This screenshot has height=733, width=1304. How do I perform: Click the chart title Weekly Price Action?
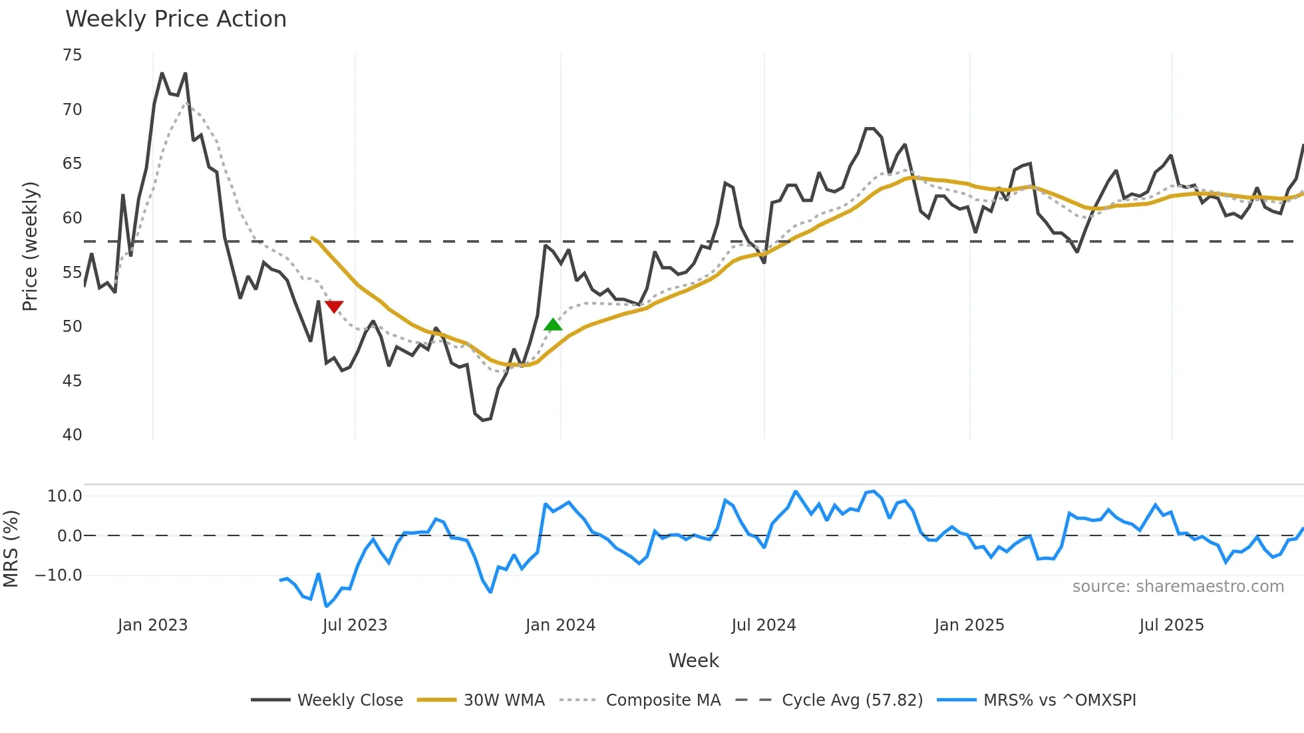176,19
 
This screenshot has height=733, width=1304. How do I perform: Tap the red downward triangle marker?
334,307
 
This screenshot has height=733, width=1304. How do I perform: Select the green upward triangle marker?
553,325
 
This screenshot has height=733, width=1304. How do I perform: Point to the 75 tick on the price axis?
73,55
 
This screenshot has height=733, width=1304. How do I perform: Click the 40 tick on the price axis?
73,435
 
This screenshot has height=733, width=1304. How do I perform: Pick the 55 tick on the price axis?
73,273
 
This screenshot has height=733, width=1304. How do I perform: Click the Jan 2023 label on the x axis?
153,625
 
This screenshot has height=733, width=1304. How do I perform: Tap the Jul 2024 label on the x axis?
764,625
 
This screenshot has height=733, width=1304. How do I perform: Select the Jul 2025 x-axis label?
1172,625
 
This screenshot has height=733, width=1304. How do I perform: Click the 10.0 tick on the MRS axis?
65,496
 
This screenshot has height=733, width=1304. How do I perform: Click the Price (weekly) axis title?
31,246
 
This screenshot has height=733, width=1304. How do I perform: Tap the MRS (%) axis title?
11,549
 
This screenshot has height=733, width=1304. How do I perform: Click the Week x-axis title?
693,660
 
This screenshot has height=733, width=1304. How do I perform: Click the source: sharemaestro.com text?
1178,587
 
